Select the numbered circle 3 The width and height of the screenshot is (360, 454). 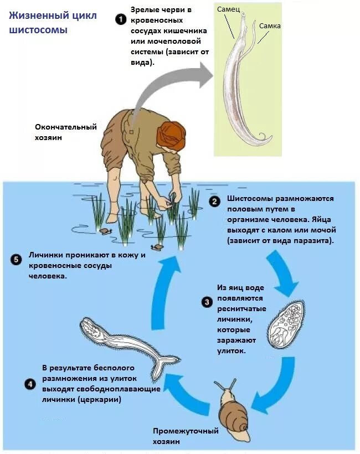click(x=207, y=302)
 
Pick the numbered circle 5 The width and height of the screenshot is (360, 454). click(x=16, y=259)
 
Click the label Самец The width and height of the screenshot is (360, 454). click(x=228, y=9)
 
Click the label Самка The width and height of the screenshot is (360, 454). click(x=269, y=25)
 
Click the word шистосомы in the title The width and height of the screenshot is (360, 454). click(x=38, y=30)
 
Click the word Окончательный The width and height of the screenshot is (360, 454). click(x=66, y=127)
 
